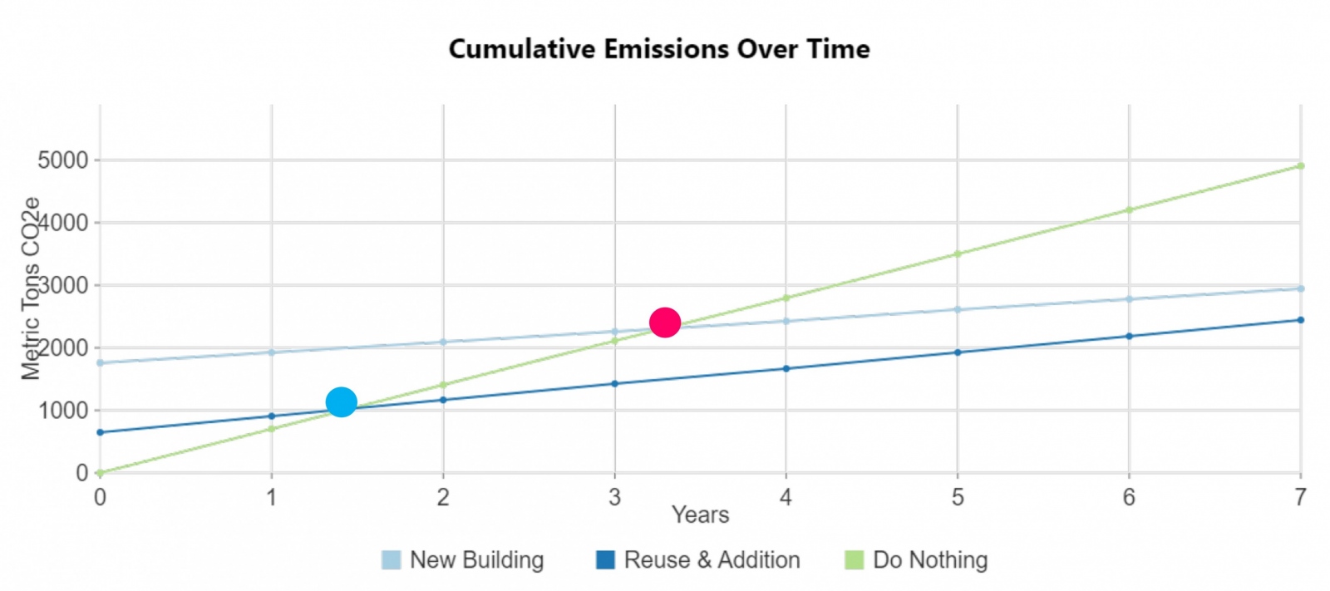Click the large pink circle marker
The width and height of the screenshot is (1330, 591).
coord(665,322)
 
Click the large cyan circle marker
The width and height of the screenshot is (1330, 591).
coord(342,402)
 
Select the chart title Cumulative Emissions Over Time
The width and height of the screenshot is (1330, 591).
coord(659,49)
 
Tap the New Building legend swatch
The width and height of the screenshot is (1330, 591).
coord(391,560)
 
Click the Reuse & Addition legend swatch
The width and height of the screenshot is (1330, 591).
coord(605,560)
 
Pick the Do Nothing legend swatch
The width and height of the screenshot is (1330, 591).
coord(854,560)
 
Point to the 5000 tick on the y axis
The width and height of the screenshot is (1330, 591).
coord(63,160)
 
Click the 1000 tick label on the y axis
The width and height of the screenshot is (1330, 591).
coord(63,411)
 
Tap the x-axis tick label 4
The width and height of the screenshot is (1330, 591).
coord(786,497)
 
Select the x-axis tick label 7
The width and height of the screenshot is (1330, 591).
coord(1300,497)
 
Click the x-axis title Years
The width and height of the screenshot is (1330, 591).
coord(700,515)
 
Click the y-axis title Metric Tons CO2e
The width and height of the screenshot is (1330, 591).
coord(31,288)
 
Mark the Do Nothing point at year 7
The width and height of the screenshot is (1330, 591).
coord(1301,166)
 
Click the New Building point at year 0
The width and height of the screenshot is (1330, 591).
coord(101,362)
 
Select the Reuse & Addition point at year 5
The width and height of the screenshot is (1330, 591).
coord(958,352)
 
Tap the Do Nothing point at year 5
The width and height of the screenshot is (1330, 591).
coord(958,254)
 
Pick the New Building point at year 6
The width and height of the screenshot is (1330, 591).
coord(1129,299)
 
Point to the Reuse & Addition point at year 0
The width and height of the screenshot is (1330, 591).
coord(101,432)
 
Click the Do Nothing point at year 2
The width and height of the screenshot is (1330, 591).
coord(443,385)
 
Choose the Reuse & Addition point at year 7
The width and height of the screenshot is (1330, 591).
coord(1301,320)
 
